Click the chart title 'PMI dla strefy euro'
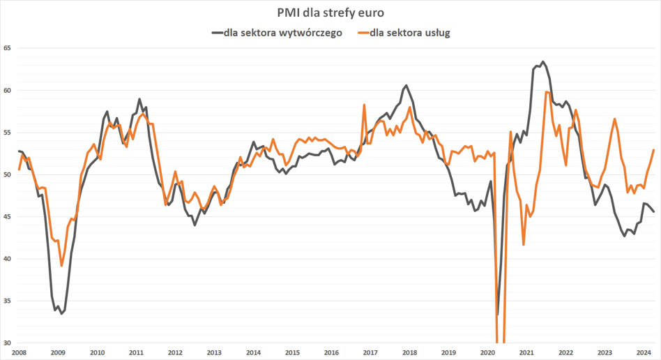[x=330, y=13]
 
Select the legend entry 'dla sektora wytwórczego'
[x=282, y=32]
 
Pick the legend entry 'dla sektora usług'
[x=410, y=32]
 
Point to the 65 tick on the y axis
[x=8, y=48]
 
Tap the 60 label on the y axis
[x=8, y=91]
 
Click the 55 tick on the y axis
[x=8, y=133]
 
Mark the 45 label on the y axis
[x=8, y=217]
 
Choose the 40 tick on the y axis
[x=8, y=259]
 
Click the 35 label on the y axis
[x=8, y=301]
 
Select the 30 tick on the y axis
[x=8, y=343]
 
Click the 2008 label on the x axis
[x=19, y=353]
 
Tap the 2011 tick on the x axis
[x=136, y=353]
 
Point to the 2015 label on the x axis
[x=292, y=353]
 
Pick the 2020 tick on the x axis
[x=487, y=353]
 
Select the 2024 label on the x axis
[x=644, y=353]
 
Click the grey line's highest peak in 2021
[x=543, y=61]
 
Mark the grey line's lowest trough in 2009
[x=61, y=314]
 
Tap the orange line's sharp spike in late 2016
[x=364, y=105]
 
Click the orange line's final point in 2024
[x=653, y=150]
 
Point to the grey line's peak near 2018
[x=407, y=86]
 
